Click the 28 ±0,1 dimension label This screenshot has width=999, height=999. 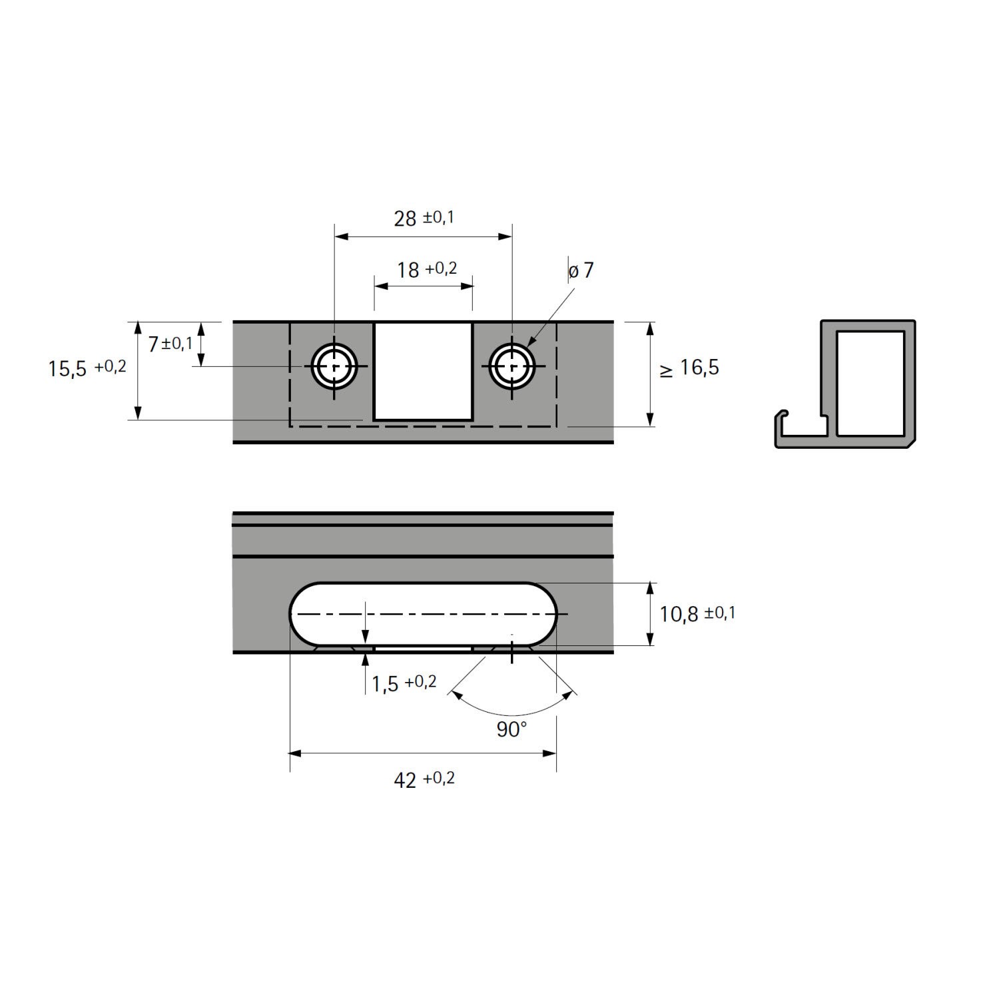424,218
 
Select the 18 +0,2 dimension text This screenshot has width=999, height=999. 427,269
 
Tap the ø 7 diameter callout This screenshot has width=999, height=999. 581,270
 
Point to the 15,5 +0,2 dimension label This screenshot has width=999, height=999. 87,368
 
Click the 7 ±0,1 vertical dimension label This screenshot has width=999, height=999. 170,344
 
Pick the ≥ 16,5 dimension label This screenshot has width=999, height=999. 689,368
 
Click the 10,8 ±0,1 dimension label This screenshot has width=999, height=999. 697,613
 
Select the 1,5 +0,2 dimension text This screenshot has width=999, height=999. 404,683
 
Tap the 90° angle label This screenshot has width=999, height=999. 511,729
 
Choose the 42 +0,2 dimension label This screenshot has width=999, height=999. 424,779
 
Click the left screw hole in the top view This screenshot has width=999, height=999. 334,366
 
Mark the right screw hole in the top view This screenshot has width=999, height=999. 511,366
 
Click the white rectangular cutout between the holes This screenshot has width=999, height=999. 424,372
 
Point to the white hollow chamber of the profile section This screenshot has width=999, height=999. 870,384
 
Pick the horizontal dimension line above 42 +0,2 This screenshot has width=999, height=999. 423,753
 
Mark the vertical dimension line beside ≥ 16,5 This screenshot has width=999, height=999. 650,374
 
